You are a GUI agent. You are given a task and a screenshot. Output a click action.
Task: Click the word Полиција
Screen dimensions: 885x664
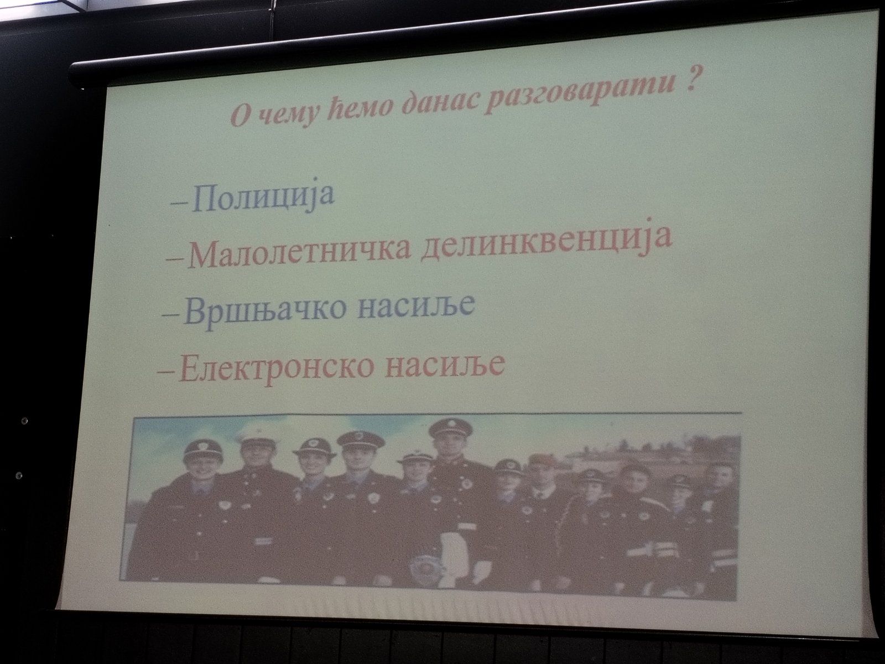(263, 198)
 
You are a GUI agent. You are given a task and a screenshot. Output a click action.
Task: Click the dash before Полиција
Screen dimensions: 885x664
(179, 204)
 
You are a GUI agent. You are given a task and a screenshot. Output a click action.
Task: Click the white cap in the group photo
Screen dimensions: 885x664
(257, 437)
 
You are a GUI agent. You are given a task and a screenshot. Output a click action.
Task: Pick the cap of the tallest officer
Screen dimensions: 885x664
(450, 428)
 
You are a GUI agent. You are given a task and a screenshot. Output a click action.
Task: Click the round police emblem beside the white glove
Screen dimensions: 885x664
(421, 568)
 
